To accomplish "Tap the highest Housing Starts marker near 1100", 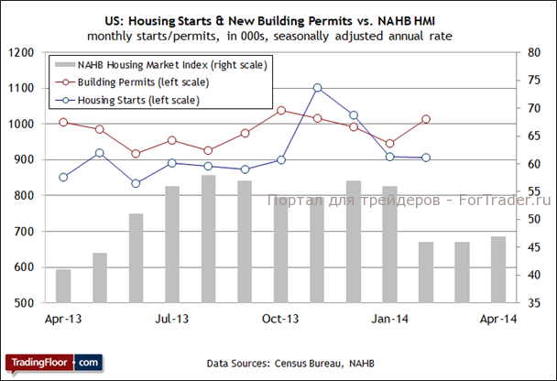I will pyautogui.click(x=317, y=88).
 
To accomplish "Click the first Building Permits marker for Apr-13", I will pyautogui.click(x=63, y=122).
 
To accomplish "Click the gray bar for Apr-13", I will pyautogui.click(x=63, y=286).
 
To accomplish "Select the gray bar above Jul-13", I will pyautogui.click(x=172, y=245).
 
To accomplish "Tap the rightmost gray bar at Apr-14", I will pyautogui.click(x=498, y=269).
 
